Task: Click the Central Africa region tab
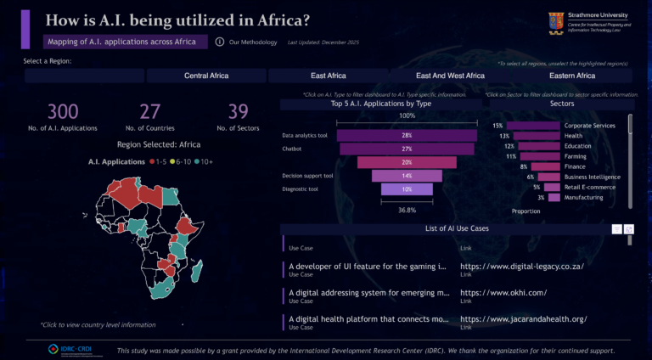[206, 76]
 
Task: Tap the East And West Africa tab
[450, 76]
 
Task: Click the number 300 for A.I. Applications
[63, 112]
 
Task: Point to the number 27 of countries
[149, 112]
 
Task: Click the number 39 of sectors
[239, 112]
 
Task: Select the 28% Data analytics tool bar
[407, 135]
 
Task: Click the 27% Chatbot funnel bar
[407, 149]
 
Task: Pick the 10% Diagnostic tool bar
[407, 188]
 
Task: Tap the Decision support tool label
[307, 176]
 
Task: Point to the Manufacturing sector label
[584, 197]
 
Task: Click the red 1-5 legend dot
[152, 160]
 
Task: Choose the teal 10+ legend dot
[196, 160]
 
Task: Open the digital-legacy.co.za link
[521, 266]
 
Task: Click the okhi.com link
[503, 293]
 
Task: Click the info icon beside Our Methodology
[220, 42]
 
